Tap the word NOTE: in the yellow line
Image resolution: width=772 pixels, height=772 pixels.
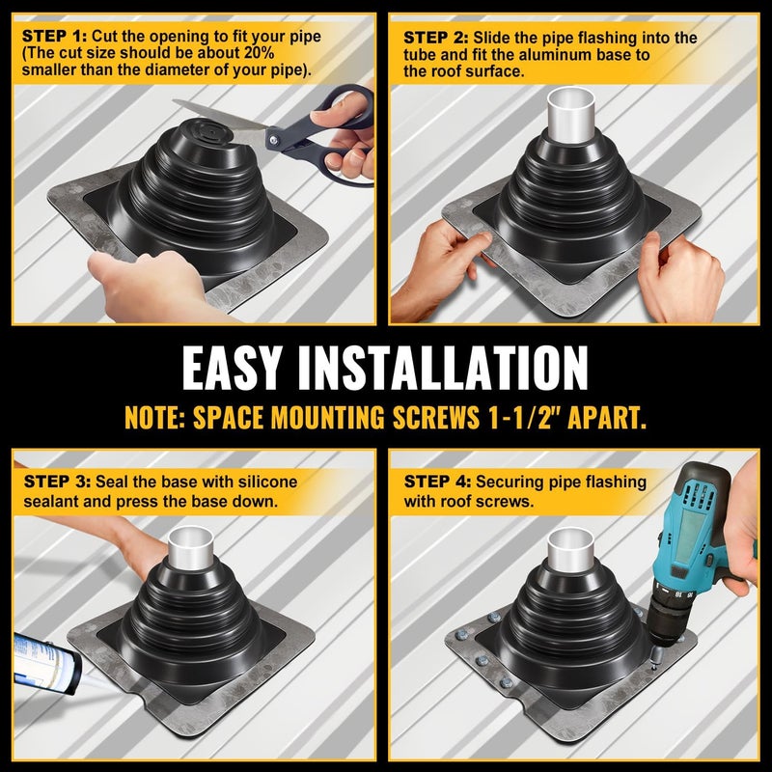point(155,418)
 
